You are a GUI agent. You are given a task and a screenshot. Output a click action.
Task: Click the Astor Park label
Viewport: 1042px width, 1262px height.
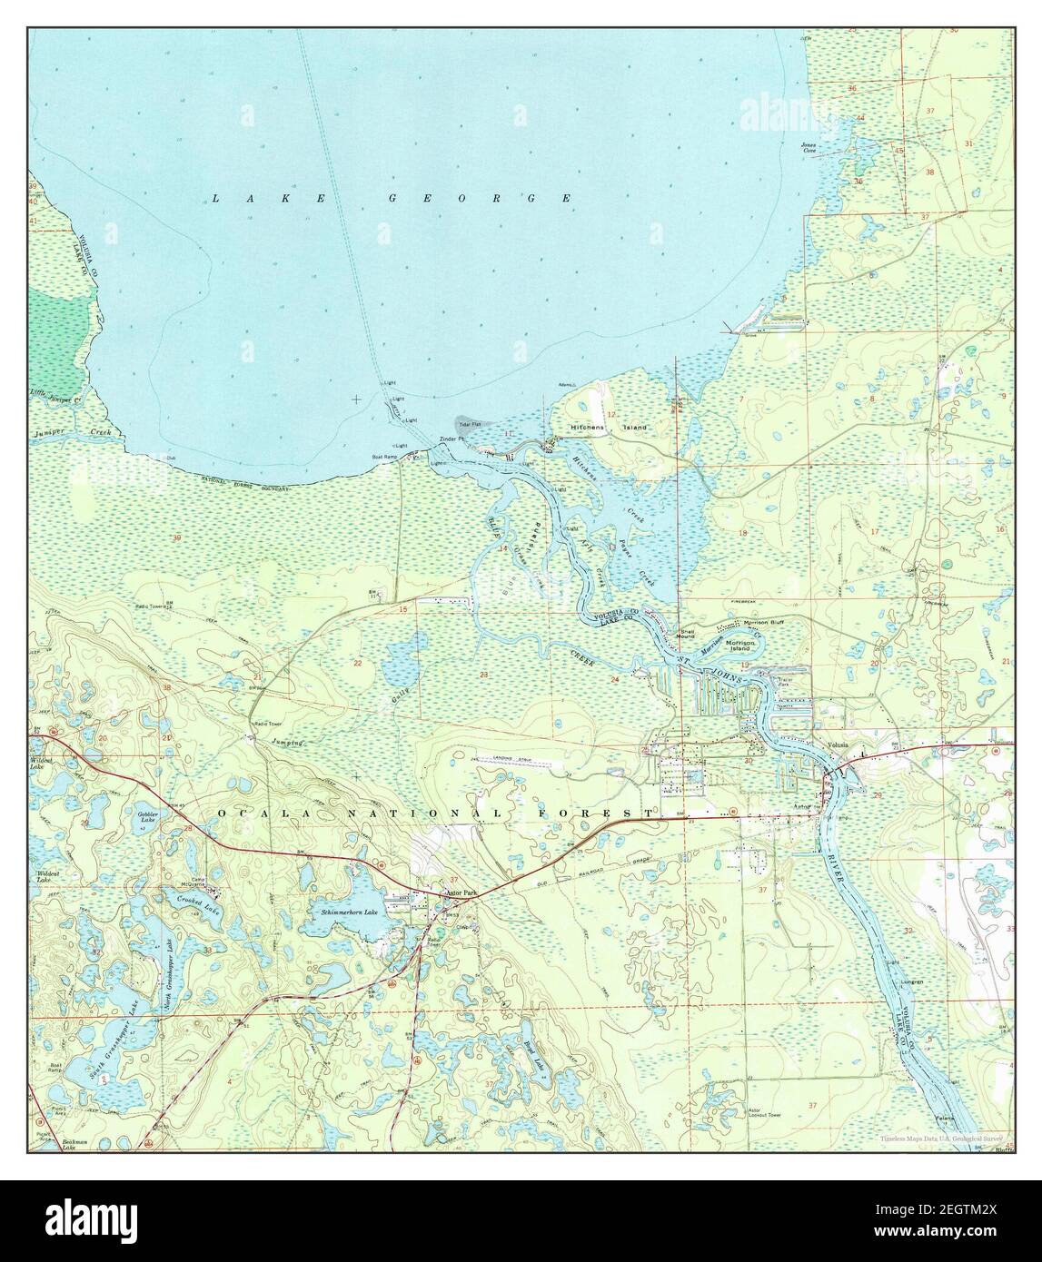pyautogui.click(x=461, y=893)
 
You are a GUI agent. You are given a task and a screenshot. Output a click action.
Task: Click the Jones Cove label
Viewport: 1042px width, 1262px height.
pyautogui.click(x=809, y=148)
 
